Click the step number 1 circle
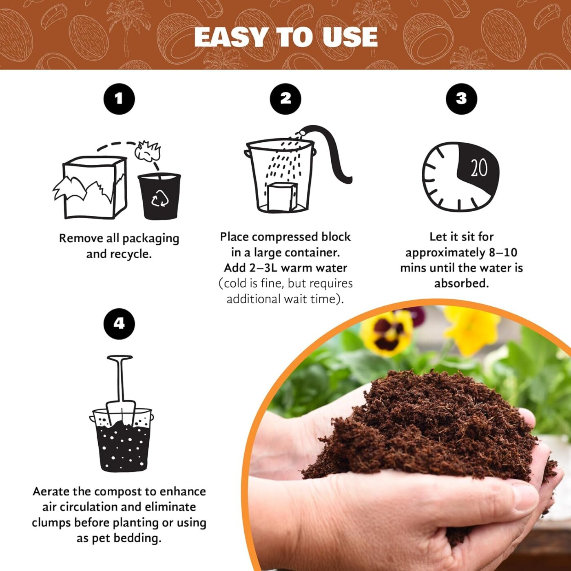pyautogui.click(x=119, y=99)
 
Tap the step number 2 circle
pyautogui.click(x=285, y=99)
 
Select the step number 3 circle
pyautogui.click(x=461, y=99)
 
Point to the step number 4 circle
pyautogui.click(x=119, y=324)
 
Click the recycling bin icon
pyautogui.click(x=159, y=197)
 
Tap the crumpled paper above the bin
pyautogui.click(x=148, y=151)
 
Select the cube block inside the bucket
pyautogui.click(x=282, y=197)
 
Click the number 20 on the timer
pyautogui.click(x=479, y=167)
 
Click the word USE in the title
pyautogui.click(x=350, y=38)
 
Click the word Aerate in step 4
pyautogui.click(x=53, y=491)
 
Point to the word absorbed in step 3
pyautogui.click(x=461, y=283)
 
